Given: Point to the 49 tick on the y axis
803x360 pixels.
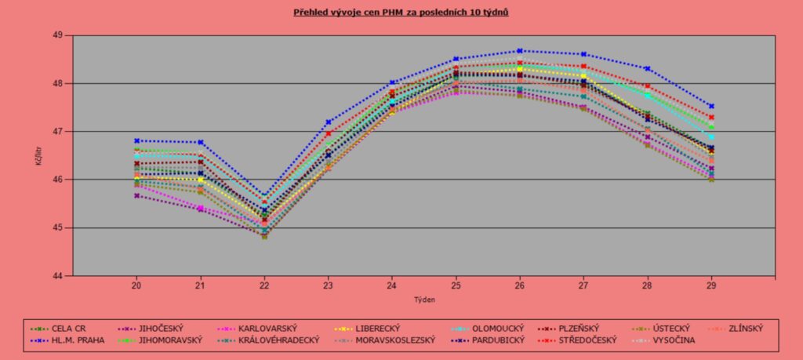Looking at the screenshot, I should point(58,35).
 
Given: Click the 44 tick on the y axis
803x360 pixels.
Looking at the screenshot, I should point(58,276).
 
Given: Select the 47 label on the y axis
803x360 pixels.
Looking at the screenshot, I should point(58,132).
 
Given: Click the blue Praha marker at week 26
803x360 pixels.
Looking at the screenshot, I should point(520,51).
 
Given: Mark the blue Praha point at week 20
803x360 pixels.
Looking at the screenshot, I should point(136,140).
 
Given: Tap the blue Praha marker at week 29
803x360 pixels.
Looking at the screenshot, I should point(711,106).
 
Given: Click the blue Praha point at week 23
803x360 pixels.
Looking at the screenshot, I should point(328,122).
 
